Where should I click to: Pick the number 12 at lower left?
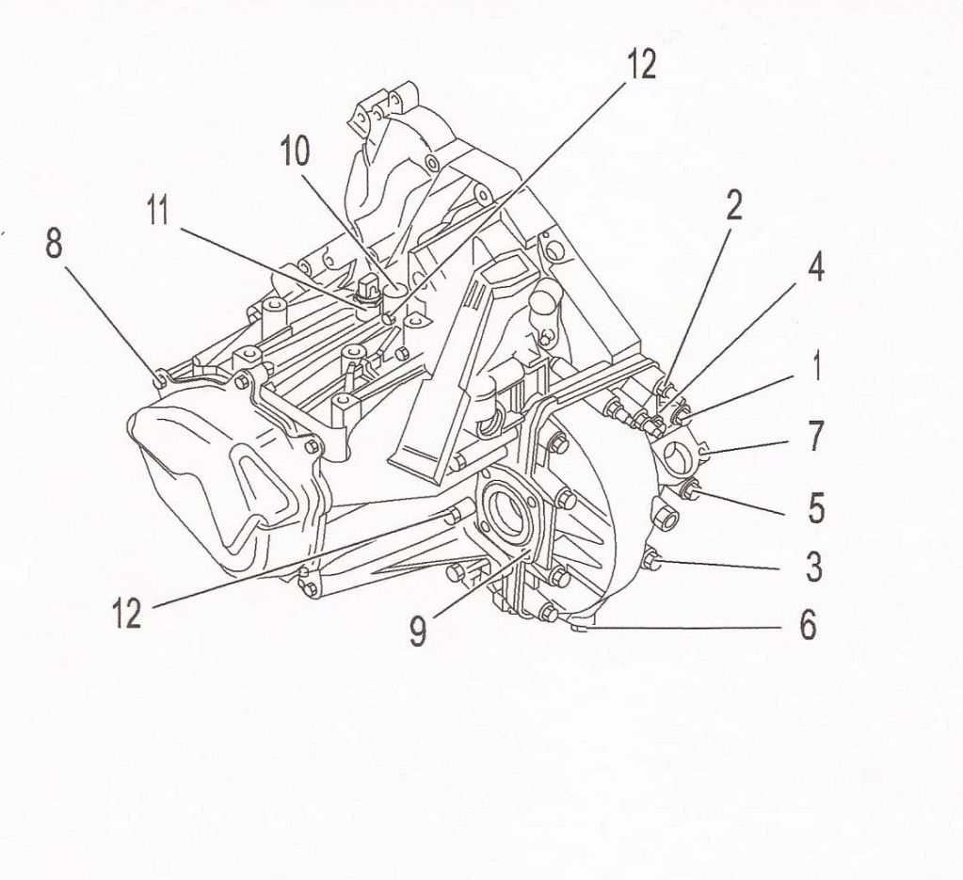[126, 614]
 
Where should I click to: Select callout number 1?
[817, 365]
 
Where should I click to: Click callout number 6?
[808, 626]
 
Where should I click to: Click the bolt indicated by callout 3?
[651, 562]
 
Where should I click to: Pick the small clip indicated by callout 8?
[159, 379]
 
